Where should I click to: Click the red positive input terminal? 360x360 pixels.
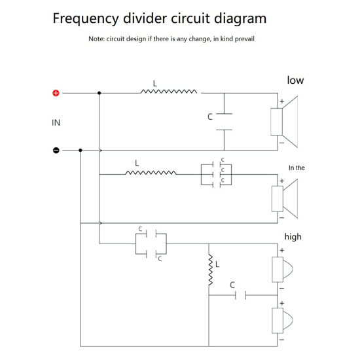point(56,93)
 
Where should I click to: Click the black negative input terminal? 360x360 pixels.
point(56,150)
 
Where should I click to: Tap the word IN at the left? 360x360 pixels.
point(56,122)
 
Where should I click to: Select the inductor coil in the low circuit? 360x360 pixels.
point(168,93)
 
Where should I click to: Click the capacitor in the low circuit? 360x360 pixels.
point(225,121)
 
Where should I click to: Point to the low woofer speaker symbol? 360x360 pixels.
point(285,121)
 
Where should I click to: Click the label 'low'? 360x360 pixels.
point(295,81)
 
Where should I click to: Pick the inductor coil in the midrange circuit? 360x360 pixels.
point(151,173)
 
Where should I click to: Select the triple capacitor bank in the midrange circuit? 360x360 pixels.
point(216,173)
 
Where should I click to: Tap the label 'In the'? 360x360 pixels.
point(297,168)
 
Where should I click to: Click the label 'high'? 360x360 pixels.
point(293,236)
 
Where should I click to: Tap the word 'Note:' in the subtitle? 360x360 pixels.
point(97,39)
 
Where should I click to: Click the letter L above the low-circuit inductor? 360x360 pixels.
point(154,84)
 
